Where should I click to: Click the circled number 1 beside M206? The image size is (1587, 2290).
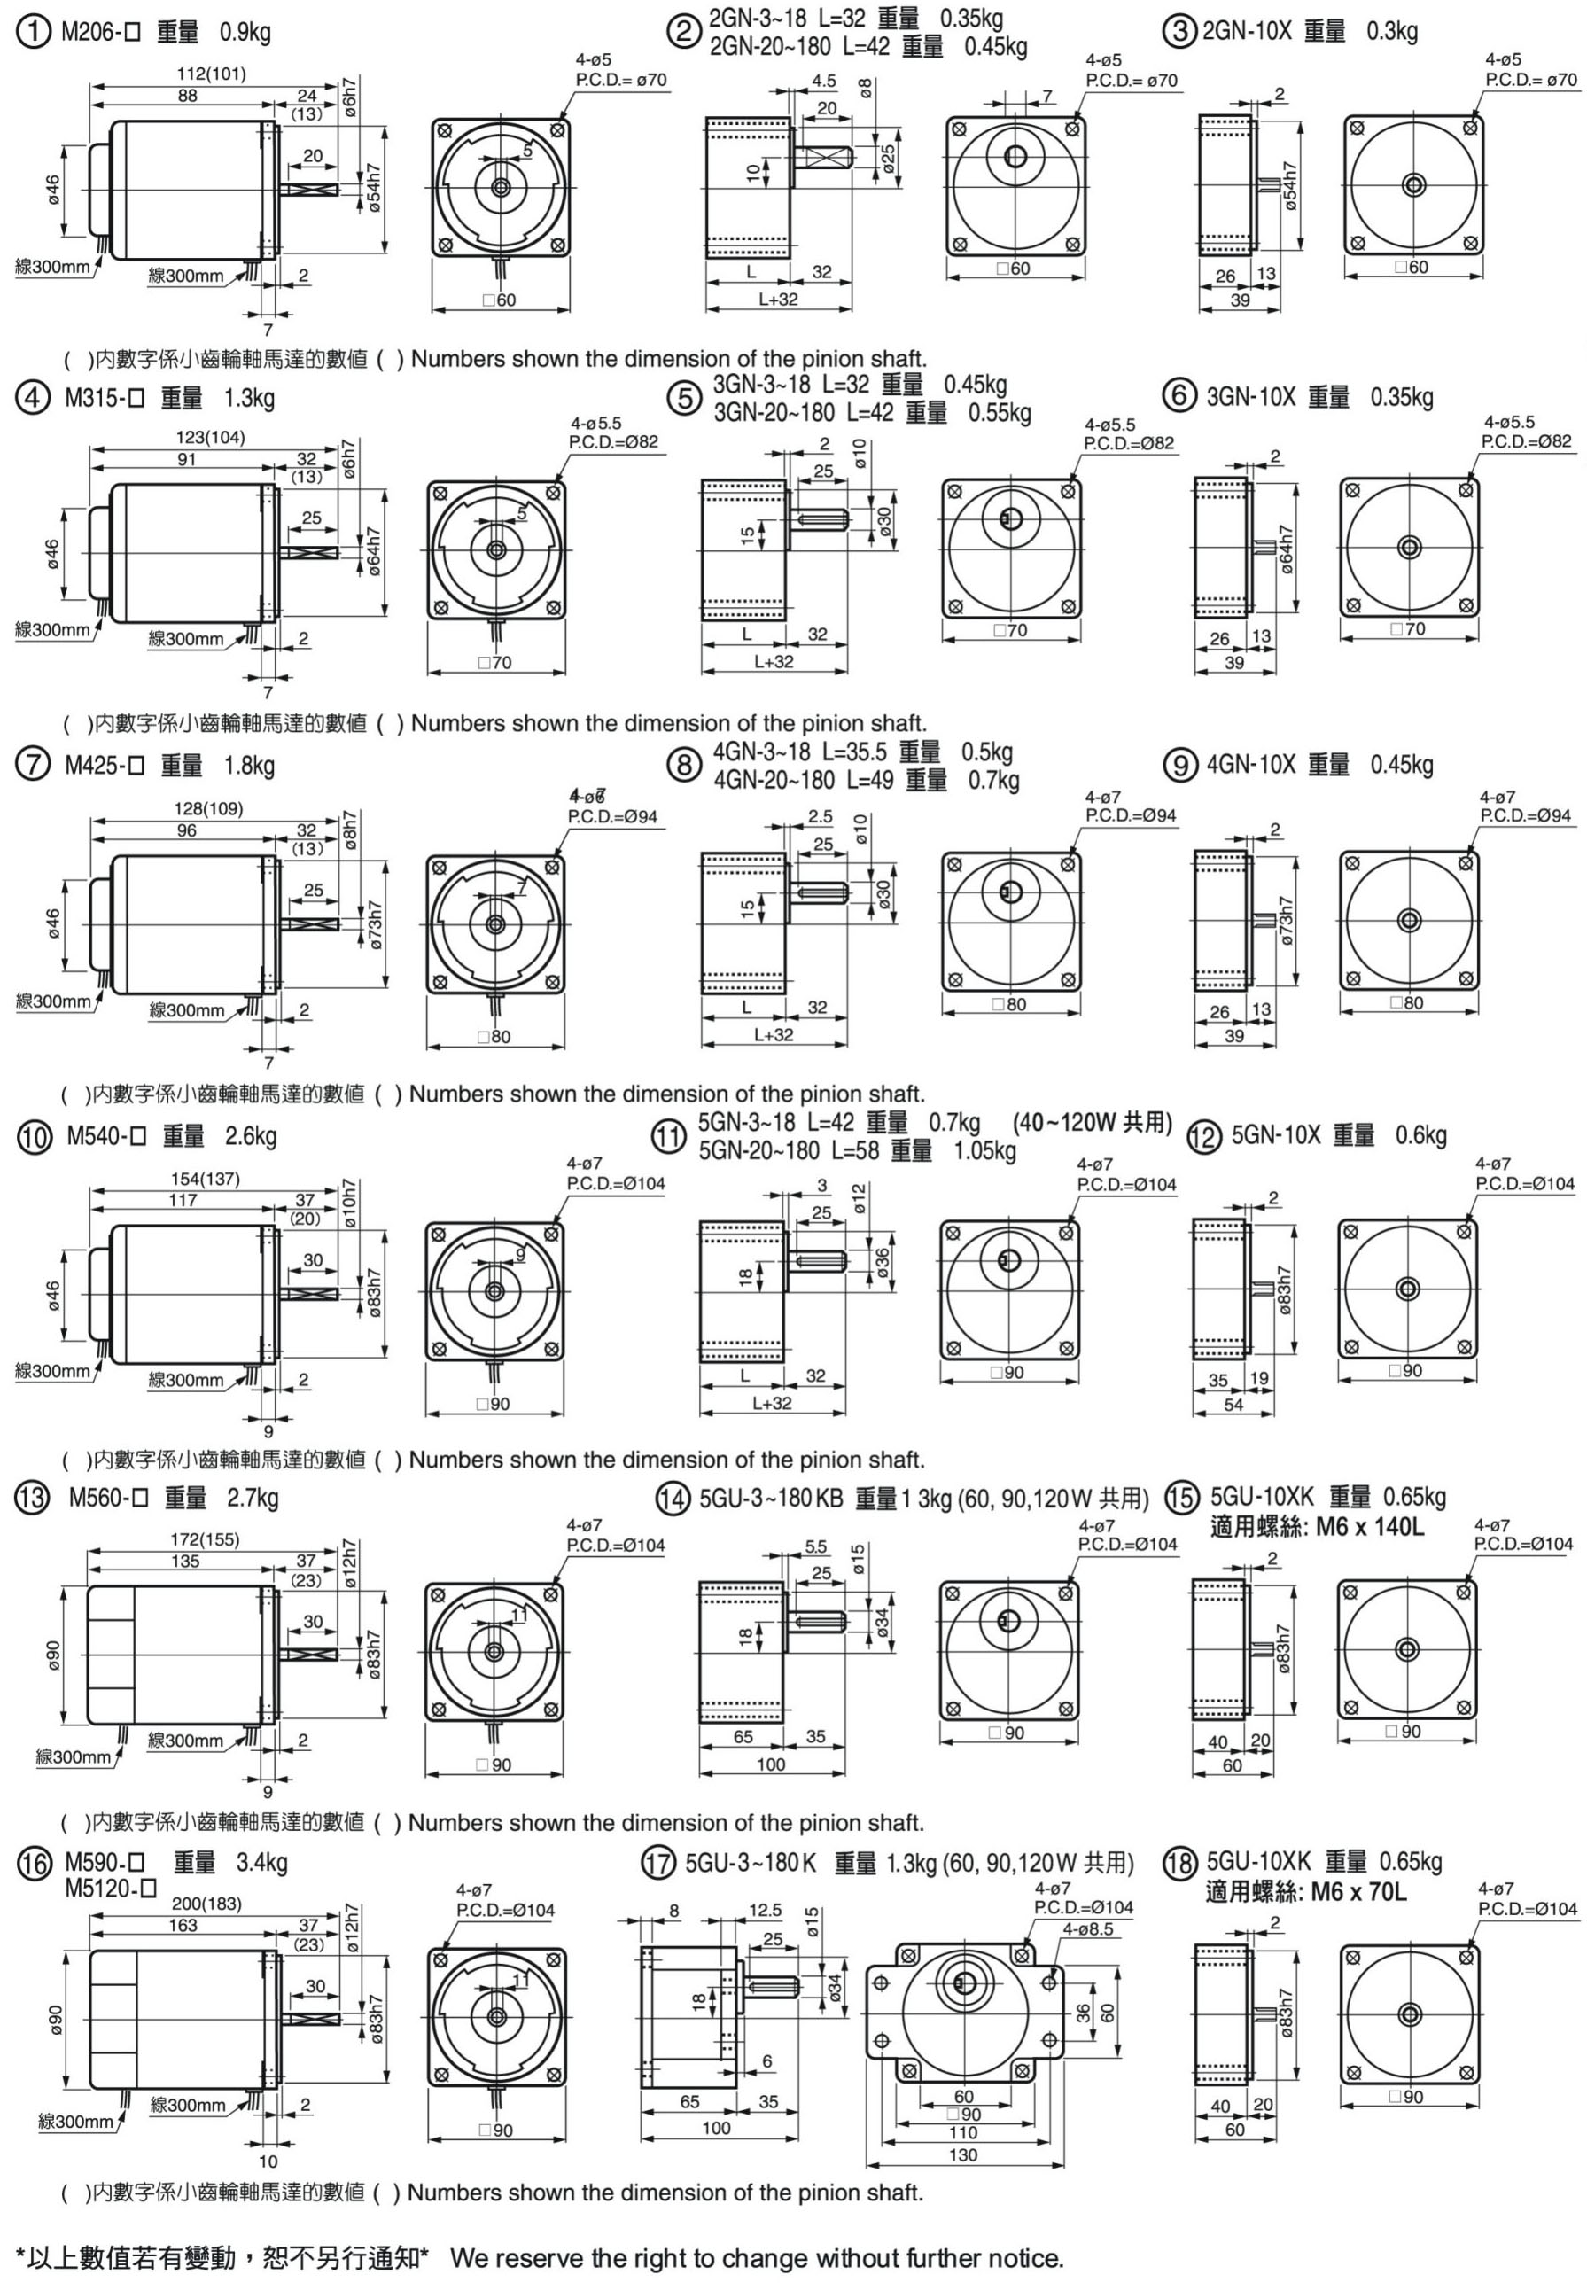(x=35, y=32)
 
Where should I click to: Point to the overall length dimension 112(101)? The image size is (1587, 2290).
(x=211, y=74)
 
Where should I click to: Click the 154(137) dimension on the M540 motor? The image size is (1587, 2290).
(x=205, y=1180)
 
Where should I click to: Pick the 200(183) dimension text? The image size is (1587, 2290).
(x=206, y=1904)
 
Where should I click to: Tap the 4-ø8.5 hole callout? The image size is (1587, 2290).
(x=1088, y=1929)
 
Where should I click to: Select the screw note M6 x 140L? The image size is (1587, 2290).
(x=1369, y=1526)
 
